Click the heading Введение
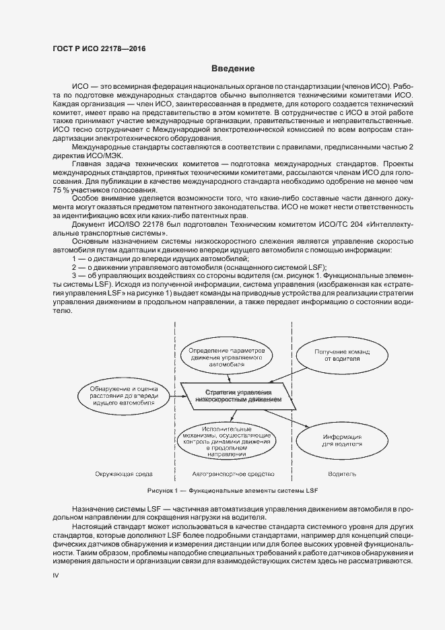point(233,69)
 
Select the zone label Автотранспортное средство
point(232,474)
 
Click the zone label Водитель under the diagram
point(342,474)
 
